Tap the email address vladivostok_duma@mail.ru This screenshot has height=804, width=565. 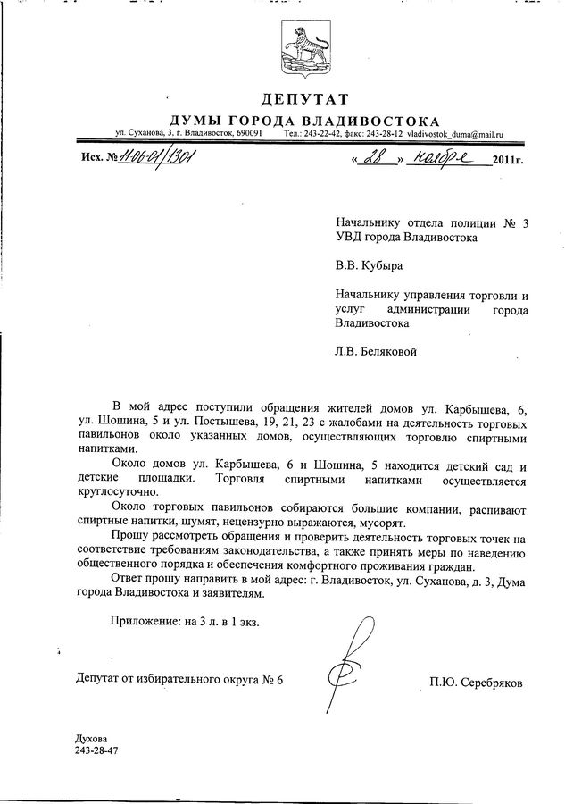click(456, 133)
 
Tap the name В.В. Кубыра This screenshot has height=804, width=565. click(367, 265)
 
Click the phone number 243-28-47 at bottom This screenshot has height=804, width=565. click(96, 751)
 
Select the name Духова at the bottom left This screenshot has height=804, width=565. click(92, 739)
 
